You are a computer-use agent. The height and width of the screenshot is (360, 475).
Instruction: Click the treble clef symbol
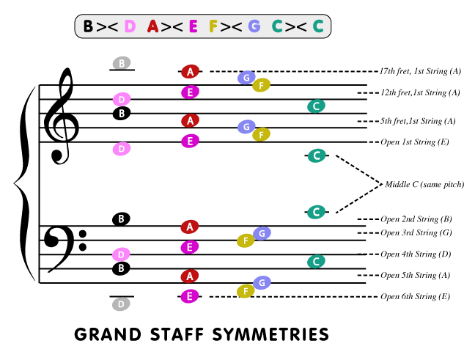point(61,115)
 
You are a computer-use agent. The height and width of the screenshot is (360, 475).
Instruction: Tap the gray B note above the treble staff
point(122,63)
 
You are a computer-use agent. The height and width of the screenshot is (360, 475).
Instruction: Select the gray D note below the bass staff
point(122,303)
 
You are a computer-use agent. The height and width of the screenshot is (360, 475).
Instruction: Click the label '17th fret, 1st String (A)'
point(420,71)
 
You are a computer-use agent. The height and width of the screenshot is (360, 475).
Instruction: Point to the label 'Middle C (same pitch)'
point(424,184)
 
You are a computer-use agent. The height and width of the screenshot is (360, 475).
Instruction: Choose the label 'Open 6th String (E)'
point(415,296)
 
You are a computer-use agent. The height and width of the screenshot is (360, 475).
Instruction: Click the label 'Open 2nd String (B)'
point(416,219)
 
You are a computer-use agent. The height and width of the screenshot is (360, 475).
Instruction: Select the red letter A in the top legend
point(153,26)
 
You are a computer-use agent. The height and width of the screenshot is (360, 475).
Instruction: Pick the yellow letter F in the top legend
point(214,26)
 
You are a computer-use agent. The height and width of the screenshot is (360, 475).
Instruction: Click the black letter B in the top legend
point(89,26)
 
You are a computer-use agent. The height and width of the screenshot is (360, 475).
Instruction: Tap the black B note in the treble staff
point(122,114)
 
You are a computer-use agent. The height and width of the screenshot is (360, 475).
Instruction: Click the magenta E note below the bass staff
point(190,296)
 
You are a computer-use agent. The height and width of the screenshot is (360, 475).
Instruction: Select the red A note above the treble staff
point(190,71)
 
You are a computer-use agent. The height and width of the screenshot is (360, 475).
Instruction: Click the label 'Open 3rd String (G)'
point(416,233)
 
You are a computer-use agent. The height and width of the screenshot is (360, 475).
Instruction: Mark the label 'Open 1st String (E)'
point(415,142)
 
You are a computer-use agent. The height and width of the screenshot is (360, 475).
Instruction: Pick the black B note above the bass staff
point(122,218)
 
